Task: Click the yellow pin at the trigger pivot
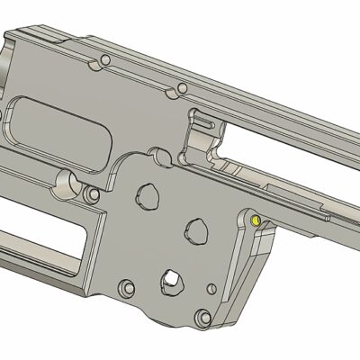tap(255, 219)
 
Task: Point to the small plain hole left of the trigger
tap(211, 290)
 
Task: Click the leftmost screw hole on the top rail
tap(106, 59)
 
